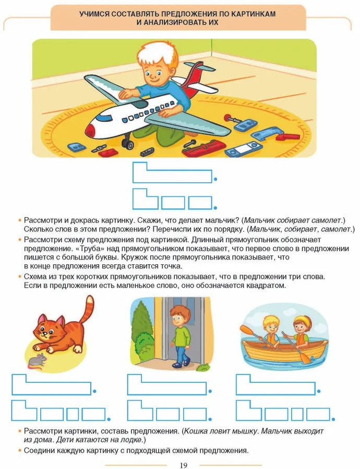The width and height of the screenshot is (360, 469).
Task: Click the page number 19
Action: click(x=183, y=465)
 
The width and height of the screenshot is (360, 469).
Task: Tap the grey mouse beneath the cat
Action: click(x=38, y=360)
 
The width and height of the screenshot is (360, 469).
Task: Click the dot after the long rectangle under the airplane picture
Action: click(x=215, y=179)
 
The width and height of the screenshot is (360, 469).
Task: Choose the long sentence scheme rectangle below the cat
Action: click(x=51, y=384)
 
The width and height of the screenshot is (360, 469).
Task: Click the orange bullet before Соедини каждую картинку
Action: click(x=20, y=450)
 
